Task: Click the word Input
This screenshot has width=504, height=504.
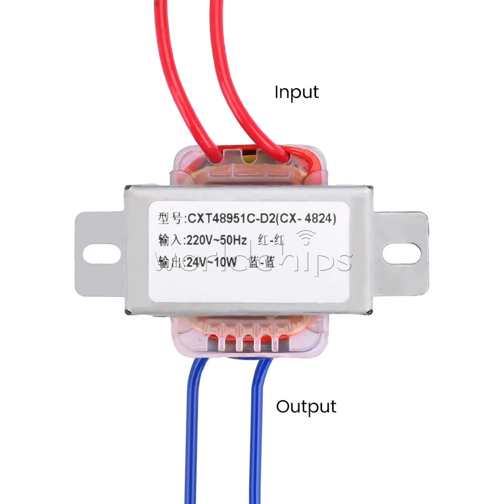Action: pyautogui.click(x=297, y=92)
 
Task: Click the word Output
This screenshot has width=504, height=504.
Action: pyautogui.click(x=306, y=406)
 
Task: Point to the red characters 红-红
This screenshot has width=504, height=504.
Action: pyautogui.click(x=271, y=241)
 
